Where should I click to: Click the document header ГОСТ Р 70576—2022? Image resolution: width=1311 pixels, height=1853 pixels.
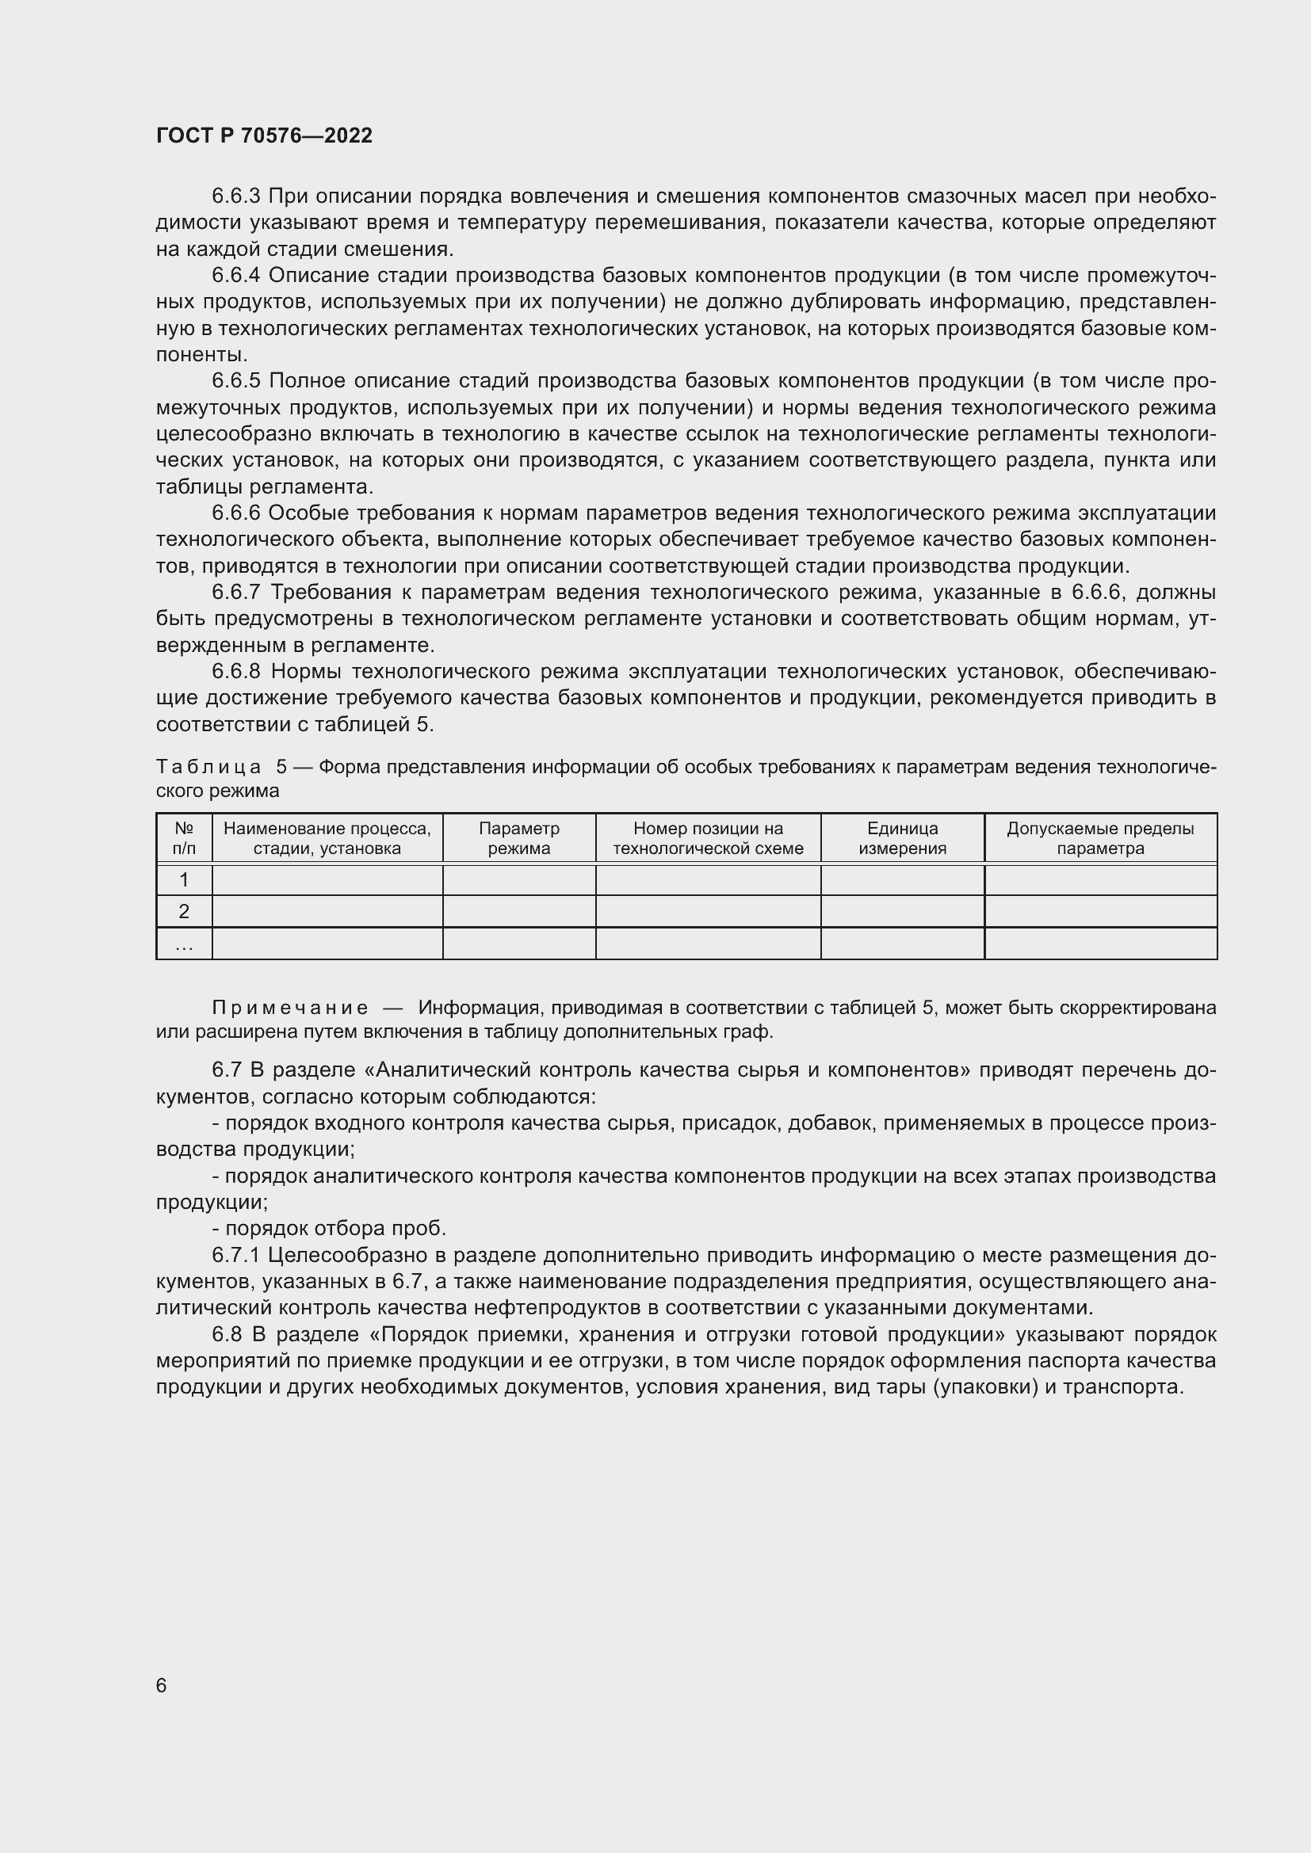pyautogui.click(x=264, y=135)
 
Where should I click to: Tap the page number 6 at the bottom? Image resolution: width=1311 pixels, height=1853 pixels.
pyautogui.click(x=162, y=1685)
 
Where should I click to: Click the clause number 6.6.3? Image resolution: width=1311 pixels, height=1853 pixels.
pyautogui.click(x=235, y=196)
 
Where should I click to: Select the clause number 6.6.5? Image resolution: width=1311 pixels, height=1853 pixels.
pyautogui.click(x=235, y=381)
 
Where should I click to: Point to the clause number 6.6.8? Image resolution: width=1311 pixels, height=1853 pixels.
pyautogui.click(x=236, y=672)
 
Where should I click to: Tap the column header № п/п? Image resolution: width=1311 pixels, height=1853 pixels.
pyautogui.click(x=184, y=837)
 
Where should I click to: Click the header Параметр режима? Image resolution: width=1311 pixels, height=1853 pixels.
pyautogui.click(x=519, y=837)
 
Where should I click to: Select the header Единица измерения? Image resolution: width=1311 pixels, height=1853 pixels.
pyautogui.click(x=902, y=837)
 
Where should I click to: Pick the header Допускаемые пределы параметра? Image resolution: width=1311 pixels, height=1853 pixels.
pyautogui.click(x=1099, y=837)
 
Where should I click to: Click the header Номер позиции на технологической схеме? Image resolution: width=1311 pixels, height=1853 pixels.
pyautogui.click(x=708, y=837)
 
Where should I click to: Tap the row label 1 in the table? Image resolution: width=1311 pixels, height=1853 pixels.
pyautogui.click(x=184, y=879)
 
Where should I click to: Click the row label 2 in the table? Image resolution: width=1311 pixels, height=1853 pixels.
pyautogui.click(x=184, y=911)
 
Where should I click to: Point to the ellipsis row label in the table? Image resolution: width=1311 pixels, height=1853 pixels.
pyautogui.click(x=184, y=944)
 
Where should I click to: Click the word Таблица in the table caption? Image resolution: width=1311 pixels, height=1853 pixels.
pyautogui.click(x=208, y=767)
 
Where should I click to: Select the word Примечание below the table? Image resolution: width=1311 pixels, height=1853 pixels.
pyautogui.click(x=290, y=1008)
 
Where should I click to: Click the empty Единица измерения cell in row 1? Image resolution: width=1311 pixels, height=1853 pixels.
pyautogui.click(x=902, y=879)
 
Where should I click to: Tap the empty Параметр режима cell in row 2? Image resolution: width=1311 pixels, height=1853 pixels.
pyautogui.click(x=519, y=911)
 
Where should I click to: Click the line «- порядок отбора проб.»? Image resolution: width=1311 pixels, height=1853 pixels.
pyautogui.click(x=329, y=1229)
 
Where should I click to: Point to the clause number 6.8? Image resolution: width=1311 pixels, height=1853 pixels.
pyautogui.click(x=227, y=1335)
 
